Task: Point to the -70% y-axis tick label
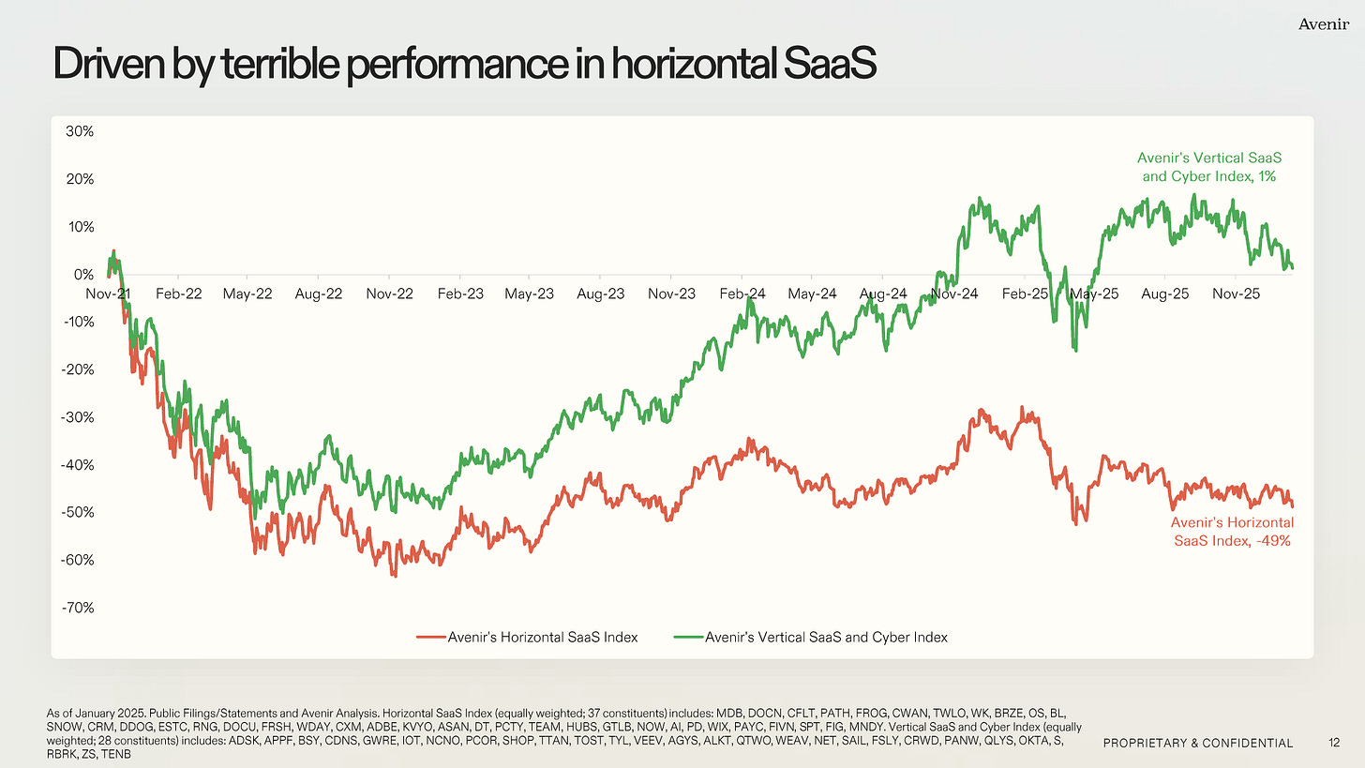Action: pyautogui.click(x=79, y=608)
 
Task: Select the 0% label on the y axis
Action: pyautogui.click(x=83, y=274)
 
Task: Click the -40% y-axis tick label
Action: pyautogui.click(x=79, y=465)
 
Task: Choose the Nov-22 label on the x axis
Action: pyautogui.click(x=390, y=294)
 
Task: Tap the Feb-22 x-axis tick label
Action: pyautogui.click(x=179, y=294)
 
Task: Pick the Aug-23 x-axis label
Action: pyautogui.click(x=601, y=294)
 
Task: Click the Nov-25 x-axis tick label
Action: pyautogui.click(x=1236, y=294)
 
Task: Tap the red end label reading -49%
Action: pyautogui.click(x=1230, y=532)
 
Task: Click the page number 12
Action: pyautogui.click(x=1334, y=743)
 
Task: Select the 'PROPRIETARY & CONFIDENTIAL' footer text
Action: pyautogui.click(x=1197, y=743)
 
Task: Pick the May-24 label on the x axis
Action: pyautogui.click(x=813, y=294)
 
